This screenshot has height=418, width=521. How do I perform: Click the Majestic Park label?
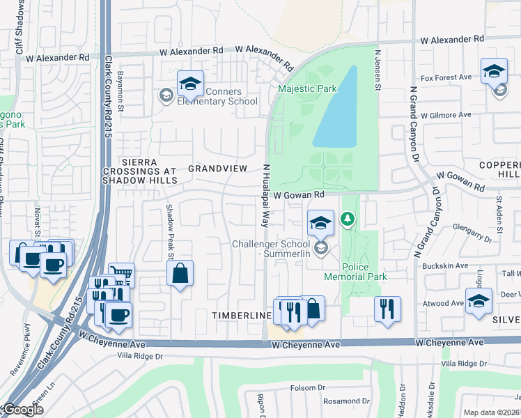(307, 88)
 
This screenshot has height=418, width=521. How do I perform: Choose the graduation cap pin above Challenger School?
(320, 223)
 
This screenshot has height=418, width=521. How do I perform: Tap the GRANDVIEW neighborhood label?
(217, 169)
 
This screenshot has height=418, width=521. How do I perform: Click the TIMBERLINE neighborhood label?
(241, 316)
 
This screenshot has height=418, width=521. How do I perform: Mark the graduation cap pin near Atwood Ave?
(479, 301)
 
